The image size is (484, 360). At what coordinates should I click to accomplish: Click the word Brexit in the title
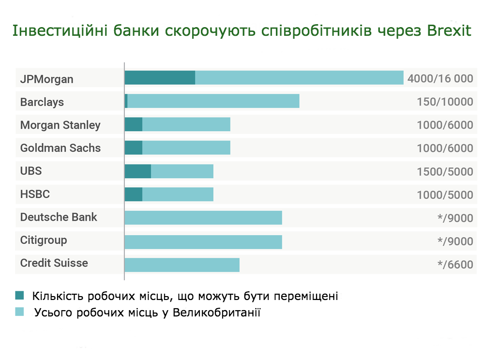click(449, 31)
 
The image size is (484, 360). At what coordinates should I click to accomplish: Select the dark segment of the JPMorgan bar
click(160, 77)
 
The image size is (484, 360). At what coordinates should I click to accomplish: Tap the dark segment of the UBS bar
click(137, 171)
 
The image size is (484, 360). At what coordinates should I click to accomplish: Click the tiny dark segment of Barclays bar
click(126, 101)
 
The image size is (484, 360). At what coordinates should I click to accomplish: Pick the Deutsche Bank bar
click(203, 218)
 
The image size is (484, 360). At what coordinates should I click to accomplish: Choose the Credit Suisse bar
click(182, 265)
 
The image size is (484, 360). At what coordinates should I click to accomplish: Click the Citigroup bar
click(203, 241)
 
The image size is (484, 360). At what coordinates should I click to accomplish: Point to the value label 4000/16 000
click(440, 78)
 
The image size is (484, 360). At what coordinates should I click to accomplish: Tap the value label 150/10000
click(445, 102)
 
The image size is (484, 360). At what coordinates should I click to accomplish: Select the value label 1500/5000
click(445, 172)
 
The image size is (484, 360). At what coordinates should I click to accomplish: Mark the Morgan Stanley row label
click(60, 125)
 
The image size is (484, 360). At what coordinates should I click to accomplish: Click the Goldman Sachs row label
click(60, 148)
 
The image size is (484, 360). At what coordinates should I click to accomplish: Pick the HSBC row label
click(35, 195)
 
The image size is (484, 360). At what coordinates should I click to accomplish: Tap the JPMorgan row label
click(46, 79)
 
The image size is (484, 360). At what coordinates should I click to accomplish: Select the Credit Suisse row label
click(54, 263)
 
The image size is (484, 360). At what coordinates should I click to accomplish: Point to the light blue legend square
click(20, 312)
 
